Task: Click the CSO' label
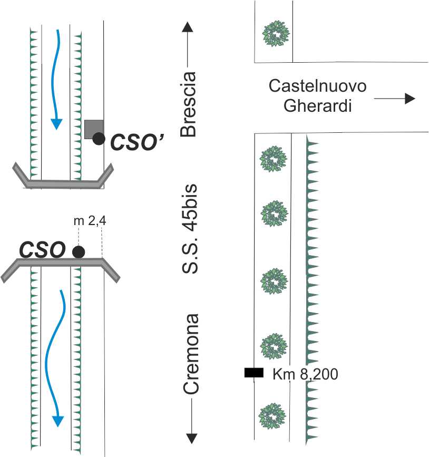tap(137, 142)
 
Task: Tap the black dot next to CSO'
tap(99, 139)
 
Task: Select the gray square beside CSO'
tap(94, 129)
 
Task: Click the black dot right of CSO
tap(79, 252)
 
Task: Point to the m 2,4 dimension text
tap(90, 221)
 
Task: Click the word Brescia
tap(188, 104)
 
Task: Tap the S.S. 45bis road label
tap(189, 229)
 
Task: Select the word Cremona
tap(191, 354)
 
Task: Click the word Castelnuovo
tap(317, 86)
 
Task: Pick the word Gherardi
tap(317, 105)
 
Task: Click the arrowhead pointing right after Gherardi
tap(410, 99)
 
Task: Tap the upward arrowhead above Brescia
tap(188, 27)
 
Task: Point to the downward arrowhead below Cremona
tap(191, 439)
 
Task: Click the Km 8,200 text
tap(305, 374)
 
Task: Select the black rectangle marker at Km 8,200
tap(254, 373)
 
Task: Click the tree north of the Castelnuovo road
tap(276, 34)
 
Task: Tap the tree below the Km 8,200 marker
tap(272, 416)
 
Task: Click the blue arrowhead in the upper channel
tap(56, 124)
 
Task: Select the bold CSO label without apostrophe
tap(42, 250)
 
